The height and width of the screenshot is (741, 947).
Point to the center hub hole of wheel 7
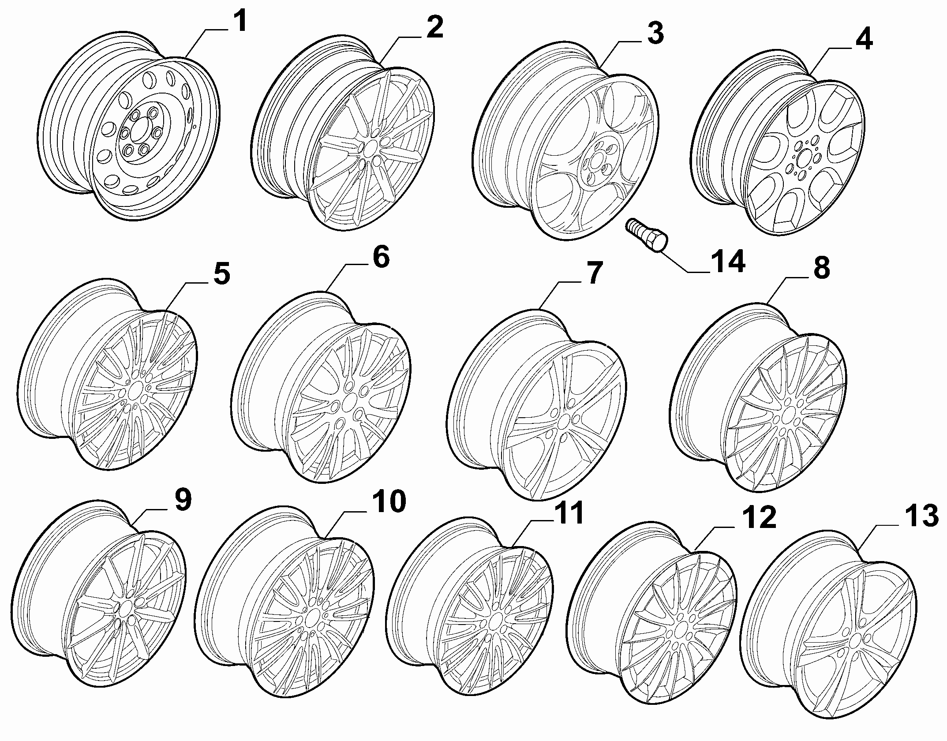click(562, 423)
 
